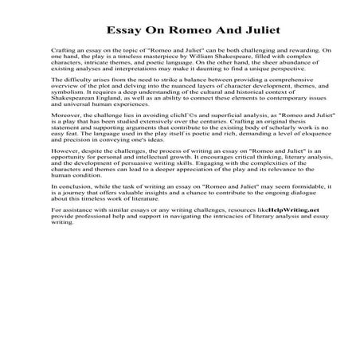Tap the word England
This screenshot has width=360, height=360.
coord(114,108)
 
